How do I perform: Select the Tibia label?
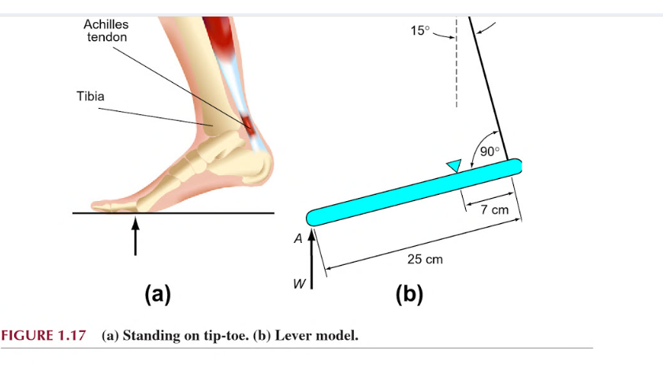point(90,96)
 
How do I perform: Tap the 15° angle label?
point(421,31)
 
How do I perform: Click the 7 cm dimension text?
point(494,210)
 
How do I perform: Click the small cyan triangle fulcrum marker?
point(453,165)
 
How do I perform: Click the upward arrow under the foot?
point(136,236)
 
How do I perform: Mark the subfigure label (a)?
point(157,294)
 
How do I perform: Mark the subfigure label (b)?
point(408,294)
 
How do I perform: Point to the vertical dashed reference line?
point(456,71)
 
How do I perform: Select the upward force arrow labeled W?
point(313,260)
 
